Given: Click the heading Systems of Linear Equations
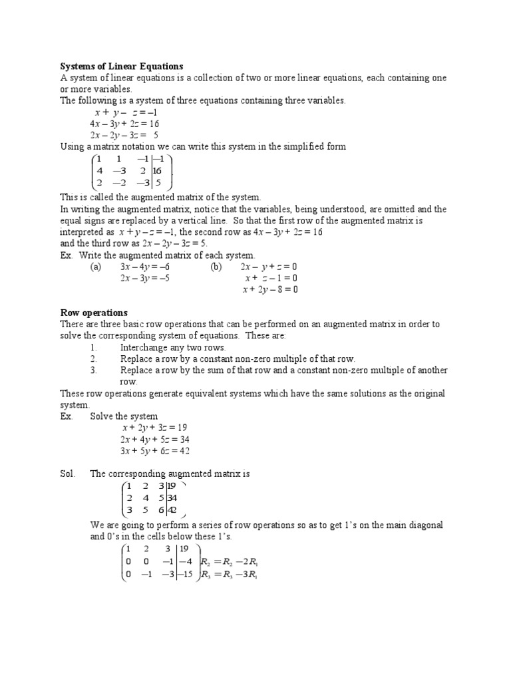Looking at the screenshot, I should pos(122,67).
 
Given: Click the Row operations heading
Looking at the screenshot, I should pos(94,313).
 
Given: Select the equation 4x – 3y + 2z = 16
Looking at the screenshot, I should pos(124,124).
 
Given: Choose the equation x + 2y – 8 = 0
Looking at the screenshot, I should pos(270,289).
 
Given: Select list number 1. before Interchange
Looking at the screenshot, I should pos(93,348).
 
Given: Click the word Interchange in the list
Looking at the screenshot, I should pos(143,348).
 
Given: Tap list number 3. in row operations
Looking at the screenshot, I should pos(93,370).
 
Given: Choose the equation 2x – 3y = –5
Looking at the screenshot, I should pos(145,278).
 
